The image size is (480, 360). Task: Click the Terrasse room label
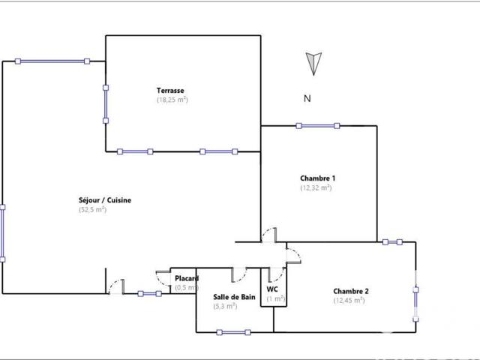coord(172,91)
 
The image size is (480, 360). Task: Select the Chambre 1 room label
coord(318,178)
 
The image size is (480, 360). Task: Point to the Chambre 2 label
coord(350,291)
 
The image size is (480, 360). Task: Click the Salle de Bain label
coord(234,297)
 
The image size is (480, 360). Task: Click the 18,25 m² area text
coord(172,100)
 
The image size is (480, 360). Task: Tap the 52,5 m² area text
coord(92,210)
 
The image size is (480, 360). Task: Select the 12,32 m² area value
coord(316,187)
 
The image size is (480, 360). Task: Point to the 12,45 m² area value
coord(349,300)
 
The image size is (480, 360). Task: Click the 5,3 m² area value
coord(225,306)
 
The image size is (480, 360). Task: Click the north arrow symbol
coord(314,64)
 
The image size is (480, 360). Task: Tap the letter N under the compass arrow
coord(307,98)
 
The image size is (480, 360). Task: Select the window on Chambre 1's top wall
coord(318,125)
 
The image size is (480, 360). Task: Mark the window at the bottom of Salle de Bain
coord(232,332)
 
